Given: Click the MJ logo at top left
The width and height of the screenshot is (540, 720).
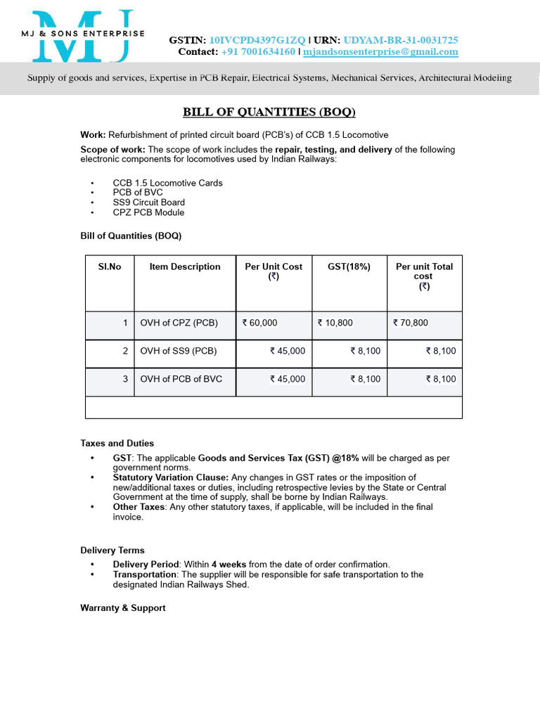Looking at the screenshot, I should tap(83, 34).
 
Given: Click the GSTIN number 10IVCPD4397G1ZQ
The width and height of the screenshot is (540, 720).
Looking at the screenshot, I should tap(257, 41).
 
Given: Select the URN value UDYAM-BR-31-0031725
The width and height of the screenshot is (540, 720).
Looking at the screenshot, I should tap(401, 41).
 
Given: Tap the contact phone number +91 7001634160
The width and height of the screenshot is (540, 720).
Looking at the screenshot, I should tap(258, 52).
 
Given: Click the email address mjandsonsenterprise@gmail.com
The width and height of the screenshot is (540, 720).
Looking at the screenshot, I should tap(380, 52).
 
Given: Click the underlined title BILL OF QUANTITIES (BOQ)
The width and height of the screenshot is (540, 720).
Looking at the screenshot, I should tap(269, 112).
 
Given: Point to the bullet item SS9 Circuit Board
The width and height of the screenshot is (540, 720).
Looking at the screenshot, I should tap(149, 202).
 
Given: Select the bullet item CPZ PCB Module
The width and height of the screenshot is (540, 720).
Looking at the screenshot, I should tap(148, 212).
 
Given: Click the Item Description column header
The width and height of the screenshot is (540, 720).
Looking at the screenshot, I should tap(185, 266).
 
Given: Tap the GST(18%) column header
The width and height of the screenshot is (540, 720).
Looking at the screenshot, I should tap(349, 266).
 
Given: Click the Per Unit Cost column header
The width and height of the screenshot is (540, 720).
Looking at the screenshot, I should tap(274, 271).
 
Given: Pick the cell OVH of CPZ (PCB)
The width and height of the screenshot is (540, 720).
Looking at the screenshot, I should tap(179, 323).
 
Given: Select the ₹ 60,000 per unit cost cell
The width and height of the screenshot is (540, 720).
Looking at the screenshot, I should tap(260, 323).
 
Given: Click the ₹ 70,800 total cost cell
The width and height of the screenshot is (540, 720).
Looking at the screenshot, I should tap(410, 323).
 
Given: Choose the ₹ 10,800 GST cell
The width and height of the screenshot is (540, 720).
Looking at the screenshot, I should tap(335, 323).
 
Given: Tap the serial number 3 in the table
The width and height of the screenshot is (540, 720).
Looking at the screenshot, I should tap(125, 379).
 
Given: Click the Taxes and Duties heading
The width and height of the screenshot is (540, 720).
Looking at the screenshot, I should tap(117, 444).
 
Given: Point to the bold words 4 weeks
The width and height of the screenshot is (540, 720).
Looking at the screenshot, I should tap(229, 565).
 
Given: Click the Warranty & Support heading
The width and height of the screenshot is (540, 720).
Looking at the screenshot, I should tap(123, 608).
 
